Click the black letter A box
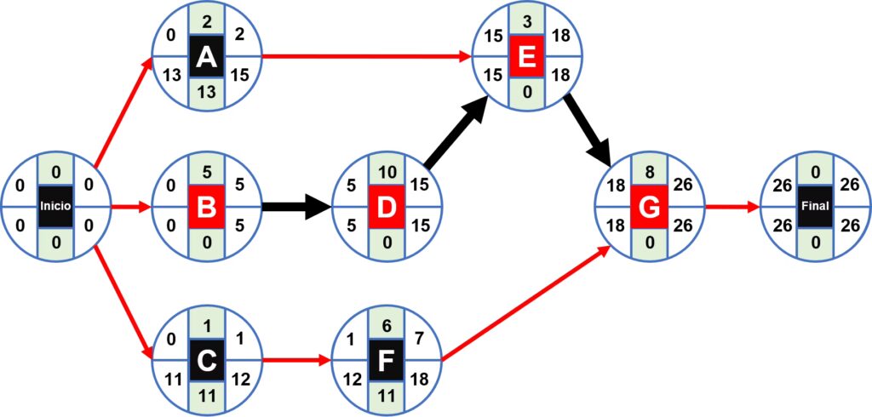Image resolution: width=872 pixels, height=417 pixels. tap(205, 57)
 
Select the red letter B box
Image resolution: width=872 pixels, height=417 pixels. tap(205, 206)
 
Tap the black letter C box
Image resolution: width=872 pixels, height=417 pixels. tap(205, 361)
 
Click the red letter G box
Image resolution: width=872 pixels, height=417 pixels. tap(650, 206)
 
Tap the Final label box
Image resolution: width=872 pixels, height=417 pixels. tap(816, 206)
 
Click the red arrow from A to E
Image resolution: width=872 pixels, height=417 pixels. tap(366, 57)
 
